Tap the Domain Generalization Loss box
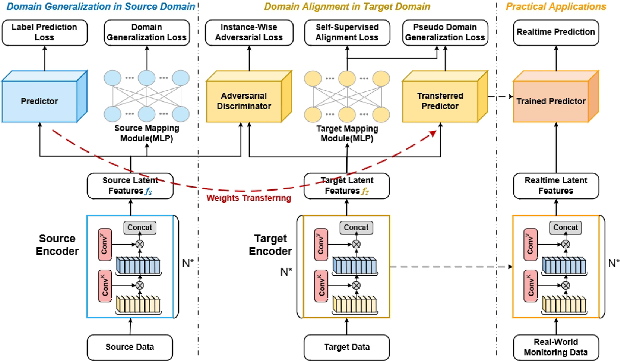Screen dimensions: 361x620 tap(147, 32)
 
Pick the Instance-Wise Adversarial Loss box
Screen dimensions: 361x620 tap(249, 32)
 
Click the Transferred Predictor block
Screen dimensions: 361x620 tap(440, 101)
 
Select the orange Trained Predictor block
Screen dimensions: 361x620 tap(551, 101)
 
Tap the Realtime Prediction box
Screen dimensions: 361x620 tap(556, 32)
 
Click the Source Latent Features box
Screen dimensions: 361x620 tap(130, 186)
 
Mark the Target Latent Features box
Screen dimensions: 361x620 tap(347, 186)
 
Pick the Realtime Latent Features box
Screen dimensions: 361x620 tap(556, 186)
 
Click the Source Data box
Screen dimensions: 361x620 tap(130, 347)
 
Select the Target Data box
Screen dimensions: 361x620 tap(346, 347)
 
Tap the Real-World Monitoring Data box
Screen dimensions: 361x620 tap(556, 347)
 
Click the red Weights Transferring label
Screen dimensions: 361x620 tap(249, 198)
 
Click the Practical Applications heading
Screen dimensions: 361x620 tap(556, 7)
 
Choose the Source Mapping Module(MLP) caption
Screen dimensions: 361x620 tap(147, 134)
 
